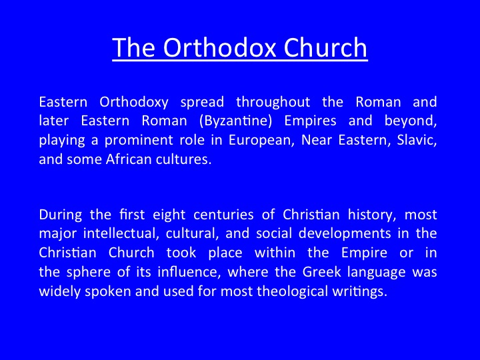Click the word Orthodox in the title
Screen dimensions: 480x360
coord(219,47)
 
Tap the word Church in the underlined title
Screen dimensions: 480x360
coord(325,47)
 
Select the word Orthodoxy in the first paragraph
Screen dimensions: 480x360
coord(134,103)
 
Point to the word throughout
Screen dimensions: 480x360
coord(273,103)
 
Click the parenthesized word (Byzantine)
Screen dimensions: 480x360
coord(235,121)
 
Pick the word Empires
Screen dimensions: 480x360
coord(310,121)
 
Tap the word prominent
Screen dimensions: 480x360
coord(154,141)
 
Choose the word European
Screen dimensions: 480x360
coord(261,141)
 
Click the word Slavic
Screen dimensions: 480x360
coord(417,140)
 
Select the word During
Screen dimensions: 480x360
coord(61,215)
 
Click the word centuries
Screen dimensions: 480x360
coord(223,215)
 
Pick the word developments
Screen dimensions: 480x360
coord(345,234)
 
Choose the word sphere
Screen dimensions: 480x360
coord(89,273)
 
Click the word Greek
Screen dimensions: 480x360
coord(321,272)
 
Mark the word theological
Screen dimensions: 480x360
coord(293,291)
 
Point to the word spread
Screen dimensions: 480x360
coord(202,103)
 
